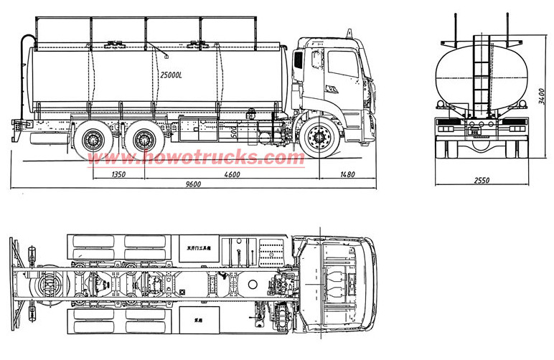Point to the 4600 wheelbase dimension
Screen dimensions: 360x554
(231, 174)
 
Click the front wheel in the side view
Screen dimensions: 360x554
(319, 138)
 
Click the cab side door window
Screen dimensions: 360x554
(342, 65)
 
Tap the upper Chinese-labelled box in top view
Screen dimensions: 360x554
(199, 248)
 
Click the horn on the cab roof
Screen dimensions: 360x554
(349, 33)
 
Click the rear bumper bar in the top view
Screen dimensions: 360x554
(14, 280)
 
